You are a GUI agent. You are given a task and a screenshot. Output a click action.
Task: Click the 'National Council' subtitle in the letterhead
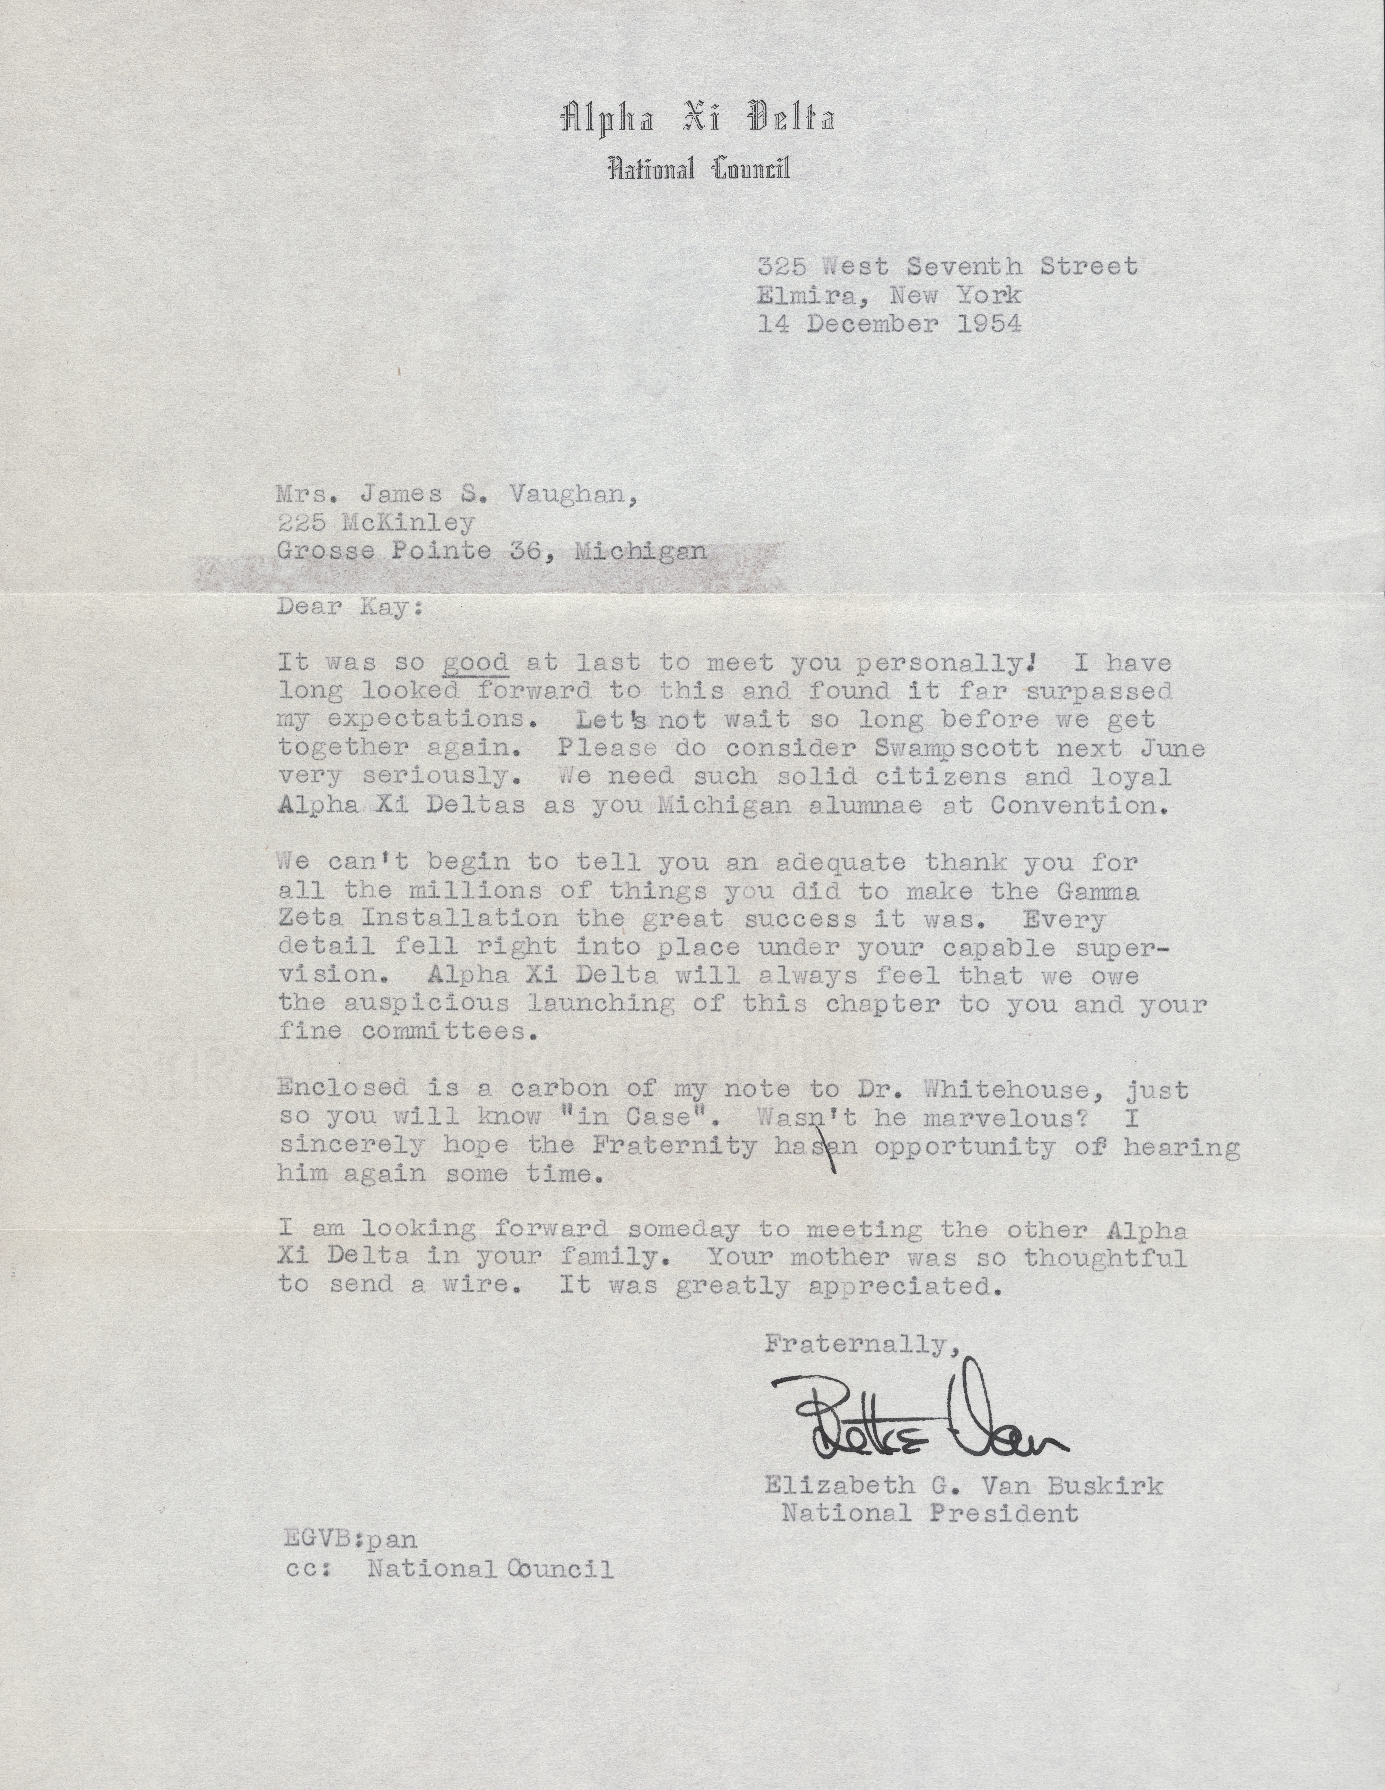pos(697,170)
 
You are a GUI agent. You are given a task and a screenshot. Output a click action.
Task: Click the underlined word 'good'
pos(475,663)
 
